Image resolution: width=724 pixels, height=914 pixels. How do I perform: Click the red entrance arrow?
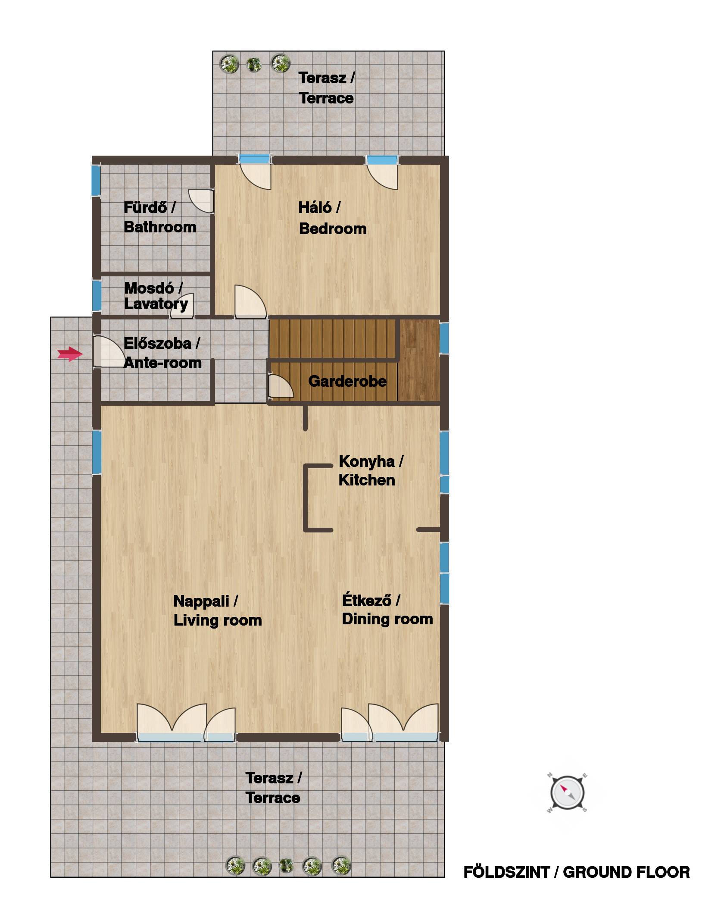pyautogui.click(x=70, y=354)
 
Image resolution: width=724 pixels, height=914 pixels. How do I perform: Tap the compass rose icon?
pyautogui.click(x=568, y=792)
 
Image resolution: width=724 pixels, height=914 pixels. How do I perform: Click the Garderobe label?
pyautogui.click(x=347, y=381)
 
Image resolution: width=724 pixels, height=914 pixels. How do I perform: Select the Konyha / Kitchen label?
pyautogui.click(x=371, y=470)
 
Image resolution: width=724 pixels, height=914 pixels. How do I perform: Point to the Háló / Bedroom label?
pyautogui.click(x=332, y=218)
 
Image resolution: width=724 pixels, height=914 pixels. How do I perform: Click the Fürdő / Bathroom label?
pyautogui.click(x=160, y=217)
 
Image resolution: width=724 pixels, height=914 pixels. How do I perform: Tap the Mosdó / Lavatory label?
pyautogui.click(x=156, y=296)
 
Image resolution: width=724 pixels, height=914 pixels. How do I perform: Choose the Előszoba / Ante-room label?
pyautogui.click(x=162, y=353)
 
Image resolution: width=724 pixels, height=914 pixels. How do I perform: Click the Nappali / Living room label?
pyautogui.click(x=218, y=610)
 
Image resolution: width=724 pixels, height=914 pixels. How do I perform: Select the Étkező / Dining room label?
pyautogui.click(x=387, y=610)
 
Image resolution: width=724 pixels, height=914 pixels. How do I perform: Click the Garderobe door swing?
pyautogui.click(x=281, y=386)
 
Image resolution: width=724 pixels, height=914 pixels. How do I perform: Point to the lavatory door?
pyautogui.click(x=182, y=306)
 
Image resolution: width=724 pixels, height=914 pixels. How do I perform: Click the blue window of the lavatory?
pyautogui.click(x=97, y=295)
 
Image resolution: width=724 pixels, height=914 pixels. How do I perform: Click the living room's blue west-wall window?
pyautogui.click(x=97, y=453)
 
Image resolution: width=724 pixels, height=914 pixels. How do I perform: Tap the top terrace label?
pyautogui.click(x=326, y=88)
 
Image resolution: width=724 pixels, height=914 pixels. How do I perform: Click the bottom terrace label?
pyautogui.click(x=273, y=788)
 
